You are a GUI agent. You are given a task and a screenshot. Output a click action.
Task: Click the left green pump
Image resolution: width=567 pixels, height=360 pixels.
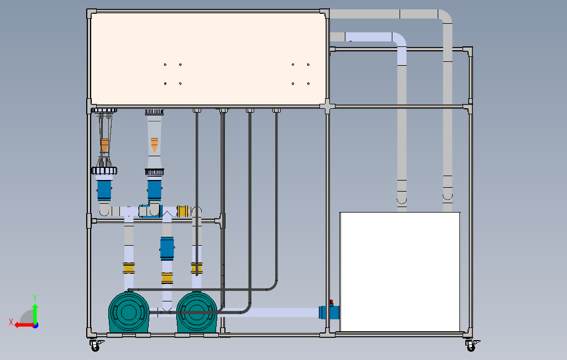point(129,313)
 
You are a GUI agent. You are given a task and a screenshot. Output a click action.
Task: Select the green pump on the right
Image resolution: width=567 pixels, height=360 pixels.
point(197,313)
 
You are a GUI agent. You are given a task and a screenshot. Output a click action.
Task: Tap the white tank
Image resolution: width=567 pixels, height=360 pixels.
point(400,272)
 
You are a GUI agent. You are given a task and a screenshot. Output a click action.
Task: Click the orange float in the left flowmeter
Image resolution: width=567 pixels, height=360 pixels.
point(104,145)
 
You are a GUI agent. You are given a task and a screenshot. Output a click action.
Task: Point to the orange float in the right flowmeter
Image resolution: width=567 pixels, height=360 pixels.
point(154,145)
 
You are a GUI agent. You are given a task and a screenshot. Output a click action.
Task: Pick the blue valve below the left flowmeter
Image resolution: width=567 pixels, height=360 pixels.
point(104,190)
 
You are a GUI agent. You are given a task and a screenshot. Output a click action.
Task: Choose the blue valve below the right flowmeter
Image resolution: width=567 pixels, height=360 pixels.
point(154,190)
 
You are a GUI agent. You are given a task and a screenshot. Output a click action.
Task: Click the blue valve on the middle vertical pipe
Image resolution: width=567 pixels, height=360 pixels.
point(167,248)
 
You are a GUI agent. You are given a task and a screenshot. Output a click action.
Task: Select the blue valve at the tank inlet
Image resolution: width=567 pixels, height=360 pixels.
point(329,312)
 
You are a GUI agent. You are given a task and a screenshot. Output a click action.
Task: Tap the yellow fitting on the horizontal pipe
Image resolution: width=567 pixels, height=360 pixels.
point(182,211)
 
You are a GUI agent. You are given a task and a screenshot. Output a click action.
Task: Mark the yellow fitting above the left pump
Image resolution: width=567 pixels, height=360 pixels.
point(129,268)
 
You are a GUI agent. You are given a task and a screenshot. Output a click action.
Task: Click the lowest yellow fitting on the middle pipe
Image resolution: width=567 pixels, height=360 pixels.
point(167,278)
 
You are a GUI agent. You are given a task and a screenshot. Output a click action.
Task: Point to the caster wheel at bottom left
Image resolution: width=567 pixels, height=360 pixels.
point(96,346)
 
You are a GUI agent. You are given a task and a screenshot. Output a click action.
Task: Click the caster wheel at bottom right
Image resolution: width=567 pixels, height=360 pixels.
point(471,346)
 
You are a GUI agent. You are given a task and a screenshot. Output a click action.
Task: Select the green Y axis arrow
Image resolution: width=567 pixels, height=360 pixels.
point(35,314)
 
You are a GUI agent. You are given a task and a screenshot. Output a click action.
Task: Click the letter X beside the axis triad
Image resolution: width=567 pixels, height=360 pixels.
point(11,322)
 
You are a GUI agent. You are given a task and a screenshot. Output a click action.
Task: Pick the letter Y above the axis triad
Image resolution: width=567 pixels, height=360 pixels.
point(35,298)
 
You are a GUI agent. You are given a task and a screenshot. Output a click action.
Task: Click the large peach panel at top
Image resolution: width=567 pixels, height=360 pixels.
point(208,60)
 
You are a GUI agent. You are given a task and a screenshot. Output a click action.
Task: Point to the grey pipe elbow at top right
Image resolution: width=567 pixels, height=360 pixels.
point(445,16)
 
